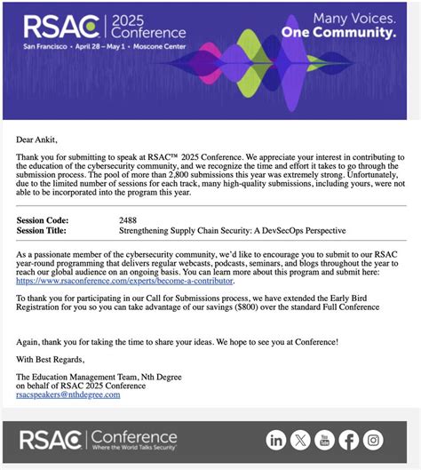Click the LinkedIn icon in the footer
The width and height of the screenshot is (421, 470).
(276, 441)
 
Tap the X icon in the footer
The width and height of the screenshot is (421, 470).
(301, 441)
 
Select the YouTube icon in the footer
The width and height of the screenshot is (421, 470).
(326, 441)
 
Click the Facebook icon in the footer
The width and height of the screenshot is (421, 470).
(350, 441)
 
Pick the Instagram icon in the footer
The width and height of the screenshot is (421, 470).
(374, 441)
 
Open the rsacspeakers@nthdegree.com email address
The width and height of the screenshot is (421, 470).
(68, 394)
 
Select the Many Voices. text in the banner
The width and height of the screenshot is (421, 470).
(349, 16)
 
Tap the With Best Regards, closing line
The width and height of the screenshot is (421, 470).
(50, 359)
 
